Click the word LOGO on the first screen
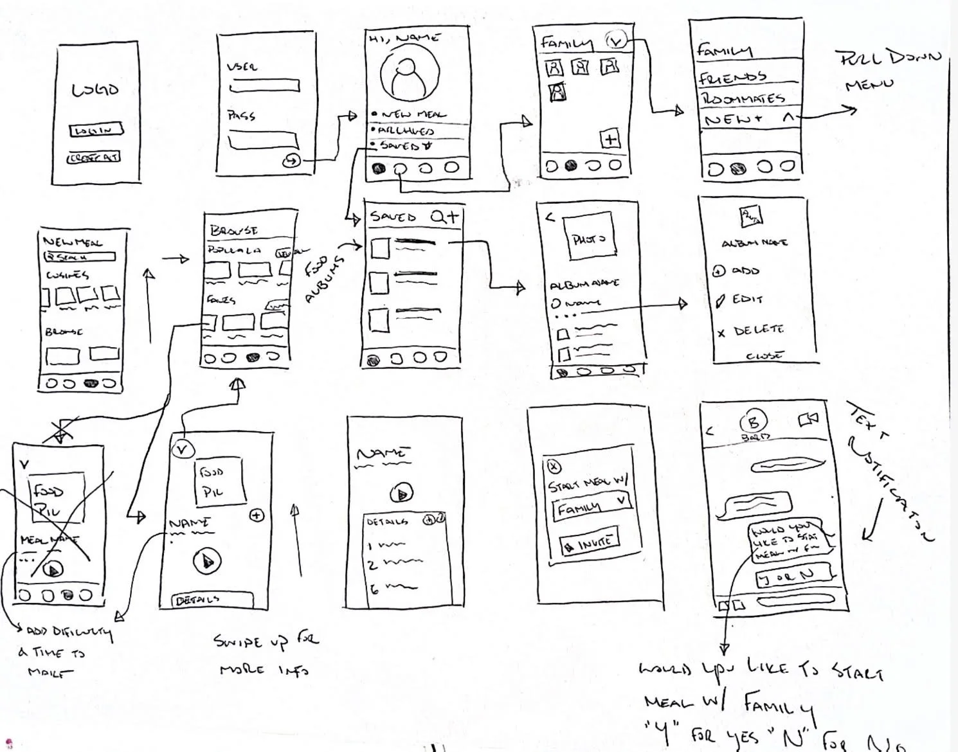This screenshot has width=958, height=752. pyautogui.click(x=96, y=89)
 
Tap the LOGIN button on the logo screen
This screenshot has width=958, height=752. pyautogui.click(x=96, y=130)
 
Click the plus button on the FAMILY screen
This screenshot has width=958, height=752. pyautogui.click(x=610, y=139)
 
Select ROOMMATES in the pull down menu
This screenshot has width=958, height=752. pyautogui.click(x=743, y=98)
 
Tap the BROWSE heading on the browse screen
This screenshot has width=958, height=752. pyautogui.click(x=233, y=230)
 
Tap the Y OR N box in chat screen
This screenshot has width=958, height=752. pyautogui.click(x=795, y=575)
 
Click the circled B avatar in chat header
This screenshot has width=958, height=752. pyautogui.click(x=754, y=423)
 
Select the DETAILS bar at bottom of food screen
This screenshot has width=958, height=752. pyautogui.click(x=212, y=599)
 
